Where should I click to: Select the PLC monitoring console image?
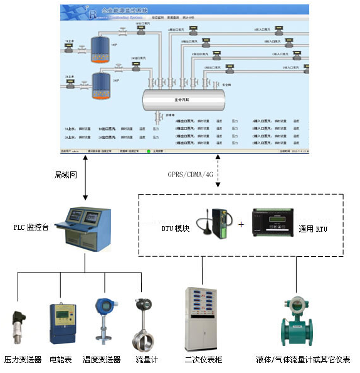[84, 229]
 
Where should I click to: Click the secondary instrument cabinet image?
[202, 319]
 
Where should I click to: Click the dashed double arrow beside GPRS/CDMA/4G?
[217, 171]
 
